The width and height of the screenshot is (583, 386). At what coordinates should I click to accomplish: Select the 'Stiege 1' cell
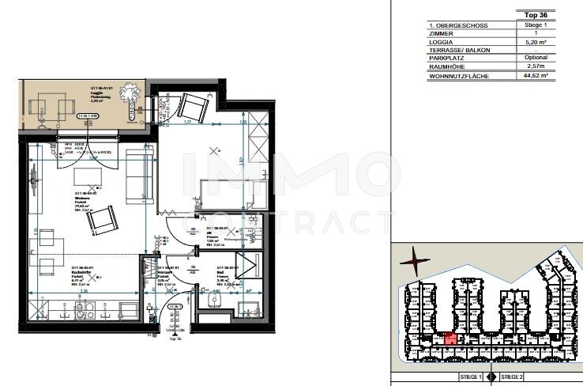pyautogui.click(x=535, y=25)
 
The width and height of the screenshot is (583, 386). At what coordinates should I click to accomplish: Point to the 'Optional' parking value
pyautogui.click(x=535, y=59)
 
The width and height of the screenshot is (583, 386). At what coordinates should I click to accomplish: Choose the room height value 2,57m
pyautogui.click(x=535, y=67)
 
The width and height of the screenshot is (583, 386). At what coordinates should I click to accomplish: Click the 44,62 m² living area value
pyautogui.click(x=535, y=76)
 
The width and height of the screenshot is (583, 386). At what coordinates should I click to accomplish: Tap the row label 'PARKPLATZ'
pyautogui.click(x=447, y=59)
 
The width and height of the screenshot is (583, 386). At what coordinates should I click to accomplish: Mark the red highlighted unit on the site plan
pyautogui.click(x=449, y=339)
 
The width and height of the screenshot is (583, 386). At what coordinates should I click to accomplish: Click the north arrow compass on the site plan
pyautogui.click(x=416, y=259)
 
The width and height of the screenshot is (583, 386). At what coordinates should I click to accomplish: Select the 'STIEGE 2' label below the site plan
pyautogui.click(x=512, y=378)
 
